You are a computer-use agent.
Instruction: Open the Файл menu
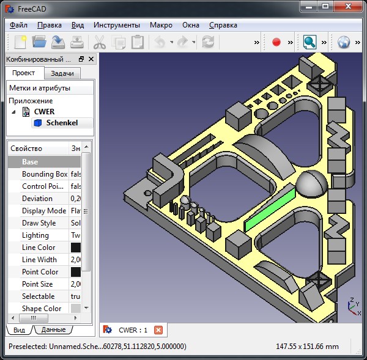pyautogui.click(x=18, y=25)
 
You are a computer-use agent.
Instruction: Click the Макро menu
pyautogui.click(x=161, y=25)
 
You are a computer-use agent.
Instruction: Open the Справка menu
pyautogui.click(x=223, y=25)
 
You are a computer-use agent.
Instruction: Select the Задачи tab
pyautogui.click(x=62, y=73)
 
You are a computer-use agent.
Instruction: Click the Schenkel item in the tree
pyautogui.click(x=61, y=123)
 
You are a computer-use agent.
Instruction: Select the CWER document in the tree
pyautogui.click(x=44, y=112)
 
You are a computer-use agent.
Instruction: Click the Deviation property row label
pyautogui.click(x=37, y=199)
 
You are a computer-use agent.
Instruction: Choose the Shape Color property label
pyautogui.click(x=42, y=309)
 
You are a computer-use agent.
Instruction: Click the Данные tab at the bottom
pyautogui.click(x=53, y=330)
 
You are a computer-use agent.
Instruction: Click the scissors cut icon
pyautogui.click(x=98, y=42)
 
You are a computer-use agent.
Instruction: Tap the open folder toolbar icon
pyautogui.click(x=39, y=42)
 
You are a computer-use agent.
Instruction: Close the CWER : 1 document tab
pyautogui.click(x=158, y=330)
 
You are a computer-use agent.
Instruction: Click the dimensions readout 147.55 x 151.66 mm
pyautogui.click(x=306, y=347)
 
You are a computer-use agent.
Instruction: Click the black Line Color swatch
pyautogui.click(x=76, y=248)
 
